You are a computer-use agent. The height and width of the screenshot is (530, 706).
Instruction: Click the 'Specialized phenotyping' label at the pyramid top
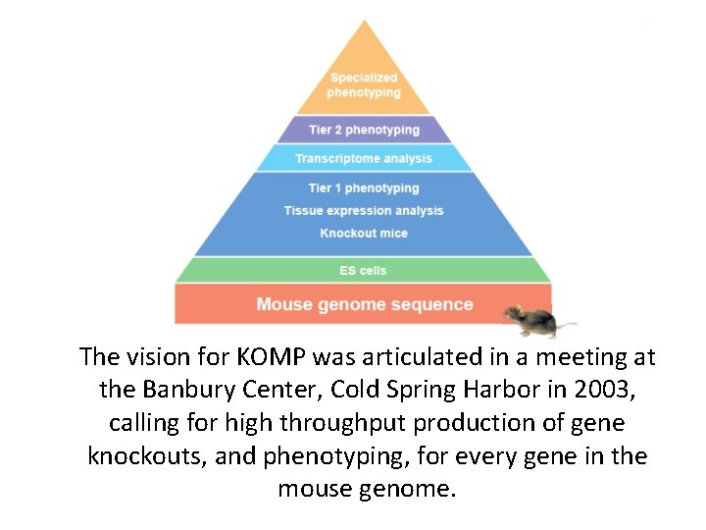pyautogui.click(x=363, y=85)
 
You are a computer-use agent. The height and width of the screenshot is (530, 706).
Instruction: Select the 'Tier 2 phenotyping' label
pyautogui.click(x=364, y=130)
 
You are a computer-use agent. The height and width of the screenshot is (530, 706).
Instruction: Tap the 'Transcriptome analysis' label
pyautogui.click(x=364, y=158)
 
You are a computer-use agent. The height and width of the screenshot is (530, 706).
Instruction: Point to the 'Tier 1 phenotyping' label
pyautogui.click(x=364, y=188)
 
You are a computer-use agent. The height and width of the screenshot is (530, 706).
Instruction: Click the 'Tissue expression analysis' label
pyautogui.click(x=364, y=211)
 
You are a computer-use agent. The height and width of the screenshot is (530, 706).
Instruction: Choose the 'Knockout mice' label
pyautogui.click(x=364, y=234)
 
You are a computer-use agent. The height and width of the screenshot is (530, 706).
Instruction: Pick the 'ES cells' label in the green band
pyautogui.click(x=364, y=271)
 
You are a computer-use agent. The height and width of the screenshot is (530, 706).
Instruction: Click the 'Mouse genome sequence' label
pyautogui.click(x=364, y=304)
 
